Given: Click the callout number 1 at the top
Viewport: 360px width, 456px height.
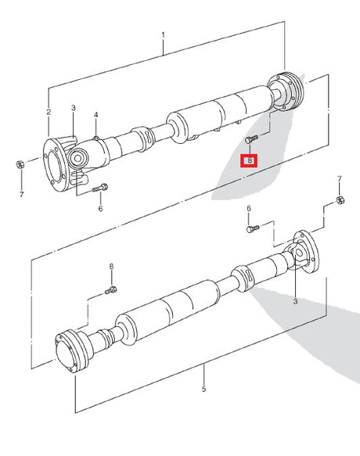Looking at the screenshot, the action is coord(163,35).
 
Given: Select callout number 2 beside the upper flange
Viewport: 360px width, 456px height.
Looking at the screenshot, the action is coord(49,112).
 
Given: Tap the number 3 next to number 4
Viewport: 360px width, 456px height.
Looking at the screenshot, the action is coord(74,108).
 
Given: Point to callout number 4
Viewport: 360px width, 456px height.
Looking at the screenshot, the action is coord(95,115).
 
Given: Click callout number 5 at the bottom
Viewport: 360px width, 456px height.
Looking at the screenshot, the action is coord(203,389).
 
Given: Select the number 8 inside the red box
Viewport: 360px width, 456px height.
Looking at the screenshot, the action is coord(250,160).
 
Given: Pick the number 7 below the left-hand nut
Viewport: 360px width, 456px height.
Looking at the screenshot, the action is coord(22,194).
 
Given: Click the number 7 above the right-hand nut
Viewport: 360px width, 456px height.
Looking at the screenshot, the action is coord(340,179).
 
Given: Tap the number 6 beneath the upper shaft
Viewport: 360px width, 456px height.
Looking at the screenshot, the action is coord(100,209).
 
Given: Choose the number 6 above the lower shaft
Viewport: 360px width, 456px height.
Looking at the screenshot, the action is coord(249,209).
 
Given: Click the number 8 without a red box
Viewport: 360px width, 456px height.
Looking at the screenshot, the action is coord(111,267).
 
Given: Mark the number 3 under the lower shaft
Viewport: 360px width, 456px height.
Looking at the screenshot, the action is coord(295,301).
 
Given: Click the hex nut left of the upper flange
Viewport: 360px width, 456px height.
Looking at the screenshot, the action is coord(20,164).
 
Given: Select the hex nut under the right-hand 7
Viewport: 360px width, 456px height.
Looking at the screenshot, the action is coord(340,200).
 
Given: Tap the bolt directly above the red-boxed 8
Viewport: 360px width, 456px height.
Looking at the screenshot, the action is coord(251,139).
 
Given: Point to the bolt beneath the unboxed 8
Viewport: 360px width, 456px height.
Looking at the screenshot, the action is coord(111,290).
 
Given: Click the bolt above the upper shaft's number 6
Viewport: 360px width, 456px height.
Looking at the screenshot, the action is coord(100,188).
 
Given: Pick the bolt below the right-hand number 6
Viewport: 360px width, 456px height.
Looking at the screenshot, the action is coord(253,228).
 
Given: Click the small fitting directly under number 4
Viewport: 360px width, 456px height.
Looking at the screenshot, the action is coord(95,138).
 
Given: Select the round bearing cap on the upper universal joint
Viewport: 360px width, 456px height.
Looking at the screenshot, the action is coord(78,159).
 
